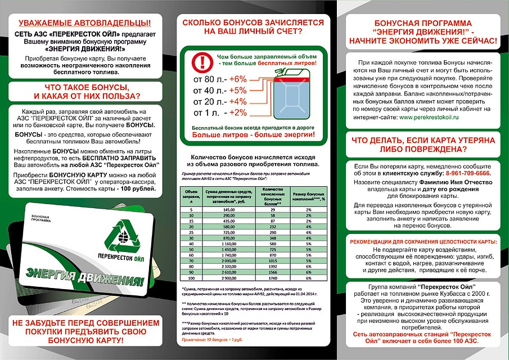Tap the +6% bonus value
coord(238,78)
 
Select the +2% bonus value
coord(237,112)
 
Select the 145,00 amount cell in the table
coord(228,208)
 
